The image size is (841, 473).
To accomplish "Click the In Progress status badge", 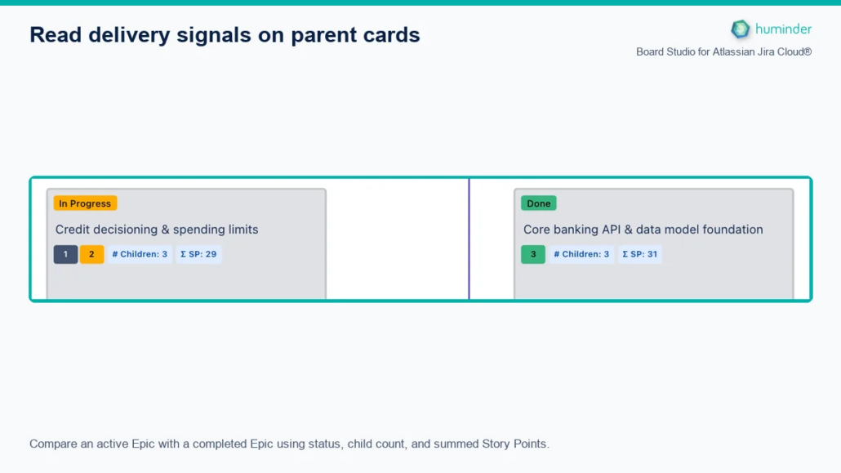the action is pos(85,203).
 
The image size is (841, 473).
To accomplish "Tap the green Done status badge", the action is pos(539,203).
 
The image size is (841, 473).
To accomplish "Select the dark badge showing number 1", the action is pos(65,255).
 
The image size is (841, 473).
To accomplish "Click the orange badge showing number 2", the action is pos(91,255).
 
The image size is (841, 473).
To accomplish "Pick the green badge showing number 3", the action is pos(533,255).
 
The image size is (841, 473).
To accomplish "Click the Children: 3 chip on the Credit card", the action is pos(140,255).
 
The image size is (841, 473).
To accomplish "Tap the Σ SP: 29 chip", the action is pos(198,255).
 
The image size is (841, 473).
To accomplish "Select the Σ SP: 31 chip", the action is pos(640,255).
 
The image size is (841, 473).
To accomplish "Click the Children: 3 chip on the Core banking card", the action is pos(581,255).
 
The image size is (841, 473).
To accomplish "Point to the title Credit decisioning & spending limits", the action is pos(157,230).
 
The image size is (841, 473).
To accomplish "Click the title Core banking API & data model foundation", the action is pos(643,230).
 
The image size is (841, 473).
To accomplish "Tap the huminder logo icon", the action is pos(741,29).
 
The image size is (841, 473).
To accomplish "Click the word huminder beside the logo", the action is pos(783,29).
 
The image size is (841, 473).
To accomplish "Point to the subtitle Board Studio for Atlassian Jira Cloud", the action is pos(723,52).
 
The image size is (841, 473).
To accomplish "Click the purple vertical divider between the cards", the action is pos(469,239).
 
